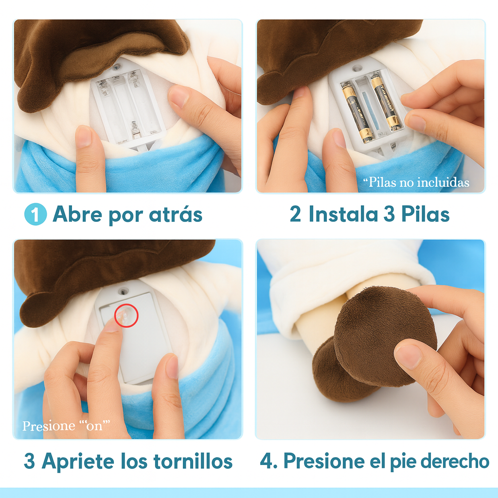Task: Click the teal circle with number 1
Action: tap(36, 214)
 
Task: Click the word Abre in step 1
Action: tap(77, 214)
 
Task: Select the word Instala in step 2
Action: tap(343, 214)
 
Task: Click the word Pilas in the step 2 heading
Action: tap(425, 214)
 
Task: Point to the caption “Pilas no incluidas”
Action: tap(416, 182)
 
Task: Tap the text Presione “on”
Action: tap(66, 425)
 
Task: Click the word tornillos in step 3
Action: tap(193, 461)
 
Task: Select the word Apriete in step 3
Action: tap(78, 461)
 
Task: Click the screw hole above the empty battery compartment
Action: tap(117, 67)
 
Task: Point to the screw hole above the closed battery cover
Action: tap(124, 290)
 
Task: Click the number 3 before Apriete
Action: tap(29, 461)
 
